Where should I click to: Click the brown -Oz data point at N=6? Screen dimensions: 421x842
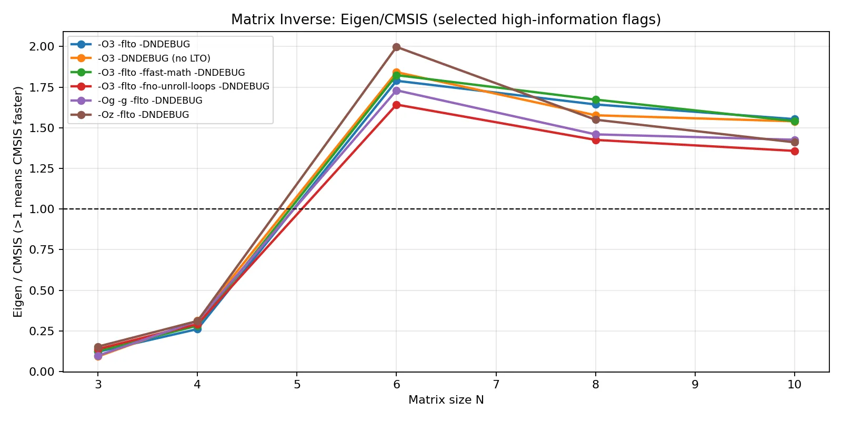coord(396,47)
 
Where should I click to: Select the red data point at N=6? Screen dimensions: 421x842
coord(396,105)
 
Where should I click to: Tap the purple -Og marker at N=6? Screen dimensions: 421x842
coord(396,91)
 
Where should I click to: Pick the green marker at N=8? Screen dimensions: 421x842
coord(596,99)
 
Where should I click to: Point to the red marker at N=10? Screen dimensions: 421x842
coord(795,151)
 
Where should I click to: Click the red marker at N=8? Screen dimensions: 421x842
coord(596,140)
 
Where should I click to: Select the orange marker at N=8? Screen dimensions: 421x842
coord(596,115)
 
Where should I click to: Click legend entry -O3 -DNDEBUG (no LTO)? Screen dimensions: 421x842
coord(154,58)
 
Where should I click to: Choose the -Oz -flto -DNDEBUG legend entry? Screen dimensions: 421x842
coord(143,115)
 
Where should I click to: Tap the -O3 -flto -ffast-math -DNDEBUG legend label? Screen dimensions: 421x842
coord(171,73)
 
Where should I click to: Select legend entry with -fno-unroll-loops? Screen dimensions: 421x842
coord(183,86)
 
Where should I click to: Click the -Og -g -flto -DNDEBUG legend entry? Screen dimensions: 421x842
coord(149,101)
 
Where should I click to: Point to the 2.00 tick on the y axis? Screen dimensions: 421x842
coord(42,46)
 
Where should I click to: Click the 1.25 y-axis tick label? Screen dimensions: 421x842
coord(42,168)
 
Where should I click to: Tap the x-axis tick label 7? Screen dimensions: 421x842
coord(496,385)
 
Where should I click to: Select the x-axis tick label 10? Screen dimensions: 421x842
coord(795,385)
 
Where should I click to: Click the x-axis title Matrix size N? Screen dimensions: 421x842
coord(446,400)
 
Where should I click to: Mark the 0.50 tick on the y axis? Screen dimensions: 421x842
coord(42,290)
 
